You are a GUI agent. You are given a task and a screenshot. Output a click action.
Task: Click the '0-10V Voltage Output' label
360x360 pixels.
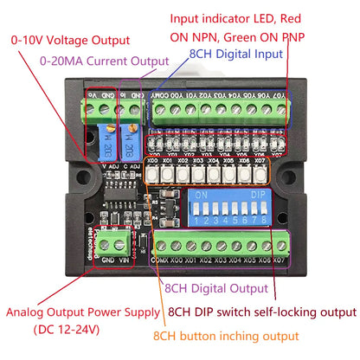70,40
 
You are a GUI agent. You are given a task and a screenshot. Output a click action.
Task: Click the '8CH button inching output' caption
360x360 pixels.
226,336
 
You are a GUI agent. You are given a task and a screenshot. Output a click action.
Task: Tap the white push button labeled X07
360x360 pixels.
260,175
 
